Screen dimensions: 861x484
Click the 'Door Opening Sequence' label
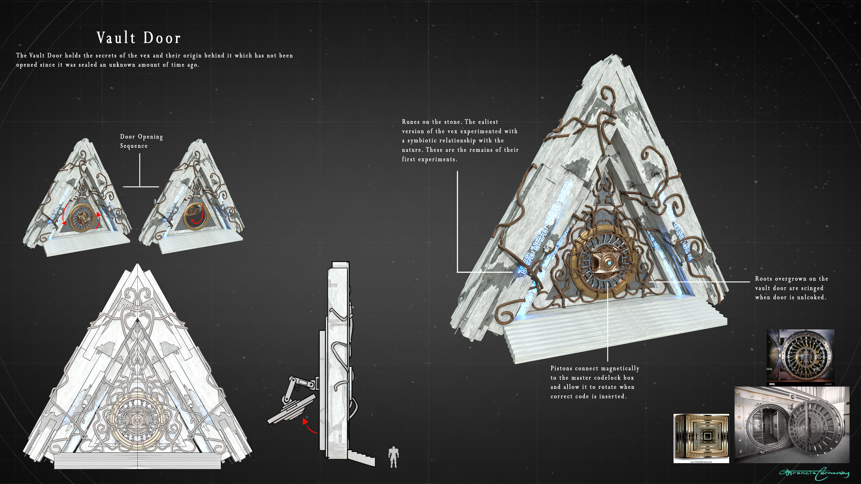(x=141, y=141)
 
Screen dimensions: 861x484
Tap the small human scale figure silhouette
(x=394, y=457)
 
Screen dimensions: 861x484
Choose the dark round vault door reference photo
(x=800, y=357)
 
